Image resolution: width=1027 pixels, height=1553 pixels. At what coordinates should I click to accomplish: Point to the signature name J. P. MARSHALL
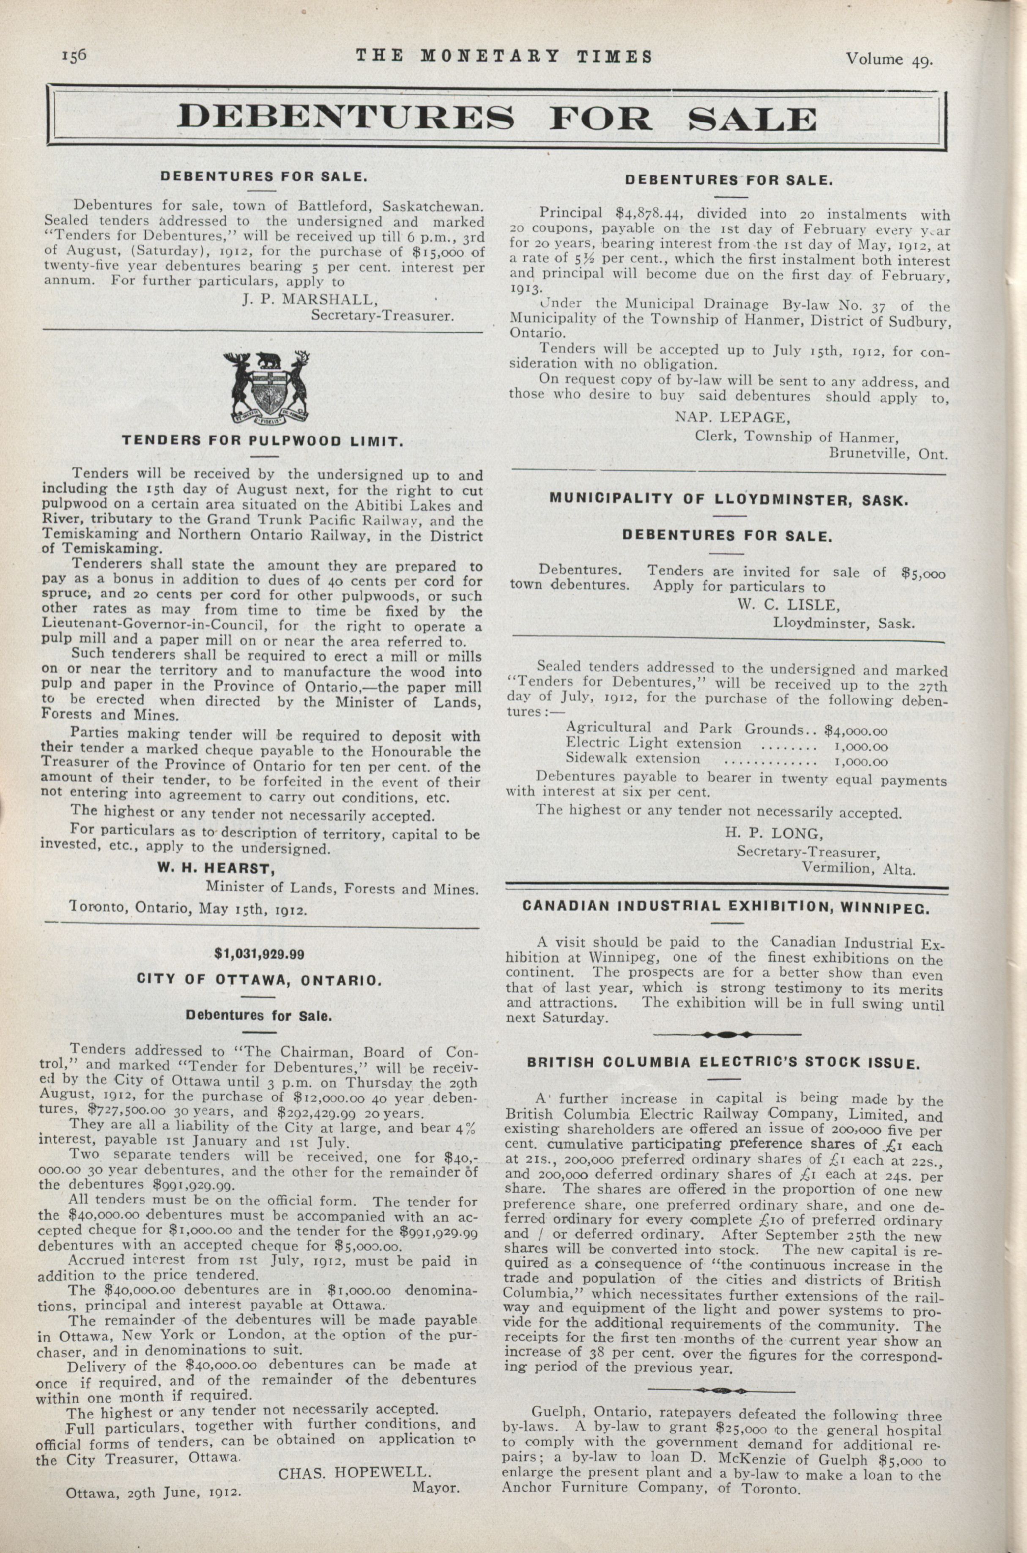pyautogui.click(x=310, y=300)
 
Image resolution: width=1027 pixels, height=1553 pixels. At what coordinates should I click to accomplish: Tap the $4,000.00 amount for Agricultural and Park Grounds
pyautogui.click(x=855, y=730)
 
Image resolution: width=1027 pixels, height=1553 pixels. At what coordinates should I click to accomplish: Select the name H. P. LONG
pyautogui.click(x=773, y=833)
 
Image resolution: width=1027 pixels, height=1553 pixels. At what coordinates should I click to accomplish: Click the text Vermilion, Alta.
pyautogui.click(x=858, y=869)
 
